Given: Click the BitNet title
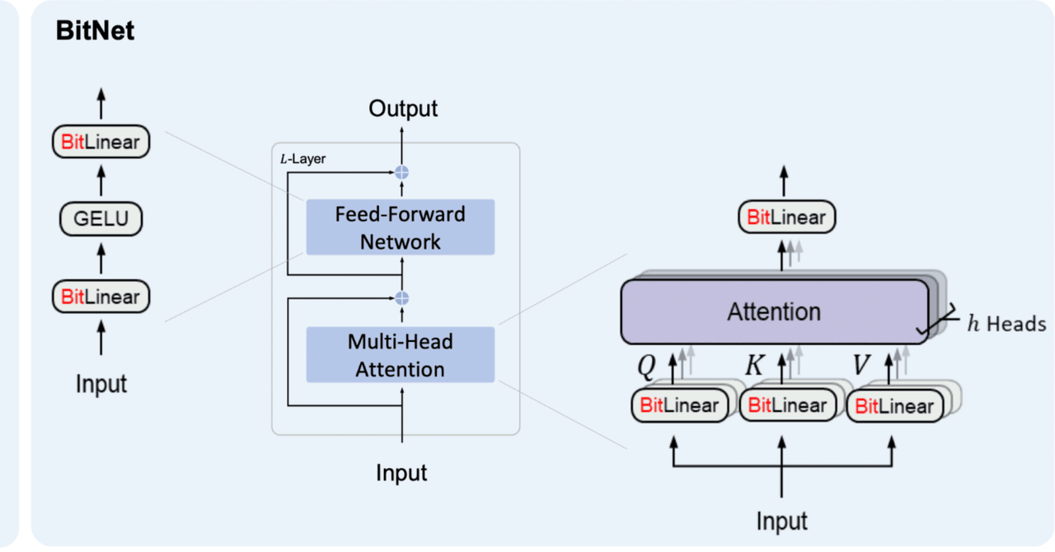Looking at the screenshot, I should [x=95, y=32].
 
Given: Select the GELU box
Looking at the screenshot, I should [x=101, y=219].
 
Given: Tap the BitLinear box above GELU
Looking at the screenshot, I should [x=101, y=143].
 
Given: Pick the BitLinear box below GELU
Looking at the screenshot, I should [x=101, y=297].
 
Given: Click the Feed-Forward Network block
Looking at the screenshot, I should [x=400, y=227].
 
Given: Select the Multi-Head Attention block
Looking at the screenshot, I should [x=400, y=354].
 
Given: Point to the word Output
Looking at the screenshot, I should [x=403, y=109].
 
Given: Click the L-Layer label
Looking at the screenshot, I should [x=303, y=159].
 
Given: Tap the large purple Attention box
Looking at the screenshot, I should [x=774, y=312].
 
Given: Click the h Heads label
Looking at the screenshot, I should [x=1006, y=324].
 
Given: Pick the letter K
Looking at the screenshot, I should [x=754, y=365].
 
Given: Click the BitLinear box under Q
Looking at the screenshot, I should [x=679, y=405].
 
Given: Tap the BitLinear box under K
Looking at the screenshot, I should [x=787, y=405].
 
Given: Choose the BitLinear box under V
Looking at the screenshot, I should [x=894, y=406].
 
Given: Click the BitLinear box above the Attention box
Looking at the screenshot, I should [x=785, y=218].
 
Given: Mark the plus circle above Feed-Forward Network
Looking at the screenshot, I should [x=402, y=172].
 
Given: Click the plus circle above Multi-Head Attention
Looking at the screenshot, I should [x=402, y=297].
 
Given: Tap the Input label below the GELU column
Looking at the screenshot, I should [x=101, y=384].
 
